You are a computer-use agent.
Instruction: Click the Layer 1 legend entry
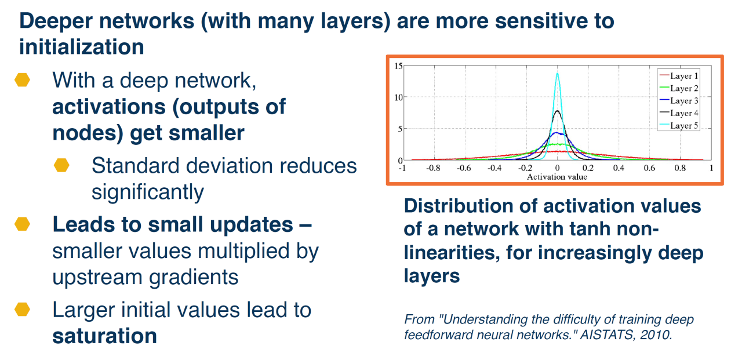pyautogui.click(x=679, y=76)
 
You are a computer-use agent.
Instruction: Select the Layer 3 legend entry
pyautogui.click(x=679, y=101)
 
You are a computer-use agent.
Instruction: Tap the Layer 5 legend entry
pyautogui.click(x=679, y=126)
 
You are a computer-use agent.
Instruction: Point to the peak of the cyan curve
pyautogui.click(x=558, y=74)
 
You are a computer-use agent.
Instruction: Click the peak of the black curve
pyautogui.click(x=557, y=111)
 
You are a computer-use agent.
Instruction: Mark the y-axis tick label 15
pyautogui.click(x=398, y=66)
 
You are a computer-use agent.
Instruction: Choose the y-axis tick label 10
pyautogui.click(x=398, y=97)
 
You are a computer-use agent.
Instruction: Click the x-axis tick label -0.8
pyautogui.click(x=433, y=168)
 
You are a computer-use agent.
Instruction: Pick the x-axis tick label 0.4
pyautogui.click(x=619, y=168)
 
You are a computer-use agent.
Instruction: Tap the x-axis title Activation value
pyautogui.click(x=557, y=177)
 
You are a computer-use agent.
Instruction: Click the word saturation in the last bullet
pyautogui.click(x=105, y=336)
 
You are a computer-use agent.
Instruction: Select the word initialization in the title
pyautogui.click(x=82, y=47)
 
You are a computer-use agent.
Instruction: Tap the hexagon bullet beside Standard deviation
pyautogui.click(x=61, y=165)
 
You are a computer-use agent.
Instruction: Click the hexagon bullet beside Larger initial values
pyautogui.click(x=22, y=310)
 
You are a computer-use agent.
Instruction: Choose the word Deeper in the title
pyautogui.click(x=56, y=21)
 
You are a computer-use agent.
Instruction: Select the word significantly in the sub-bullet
pyautogui.click(x=148, y=192)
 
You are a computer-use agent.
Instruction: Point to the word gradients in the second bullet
pyautogui.click(x=194, y=278)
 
